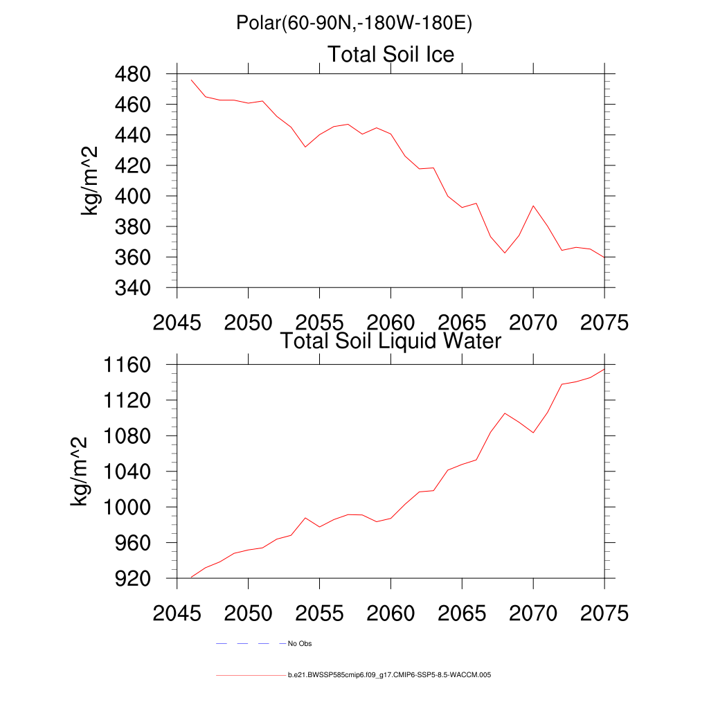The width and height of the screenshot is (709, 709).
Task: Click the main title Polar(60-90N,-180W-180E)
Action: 354,24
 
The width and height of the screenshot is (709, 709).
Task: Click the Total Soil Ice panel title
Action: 391,54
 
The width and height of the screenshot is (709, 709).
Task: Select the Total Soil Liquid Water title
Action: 391,341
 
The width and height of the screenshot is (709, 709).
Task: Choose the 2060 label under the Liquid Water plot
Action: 391,614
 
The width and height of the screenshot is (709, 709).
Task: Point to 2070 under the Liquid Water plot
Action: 533,614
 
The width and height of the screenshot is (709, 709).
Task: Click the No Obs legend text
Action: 300,644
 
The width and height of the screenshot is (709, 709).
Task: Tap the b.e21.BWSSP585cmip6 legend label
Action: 389,674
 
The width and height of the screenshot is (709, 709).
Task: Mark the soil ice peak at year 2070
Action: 533,206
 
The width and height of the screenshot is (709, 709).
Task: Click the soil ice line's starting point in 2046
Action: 191,80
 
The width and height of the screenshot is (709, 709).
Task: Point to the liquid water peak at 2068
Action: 505,413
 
